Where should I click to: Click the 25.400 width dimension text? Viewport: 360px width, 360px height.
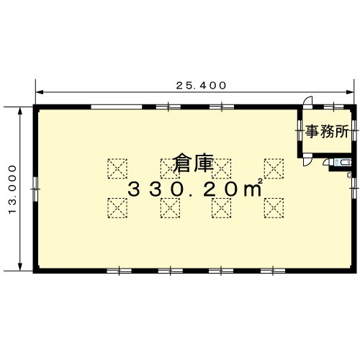201,86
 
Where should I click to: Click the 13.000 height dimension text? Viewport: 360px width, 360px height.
12,189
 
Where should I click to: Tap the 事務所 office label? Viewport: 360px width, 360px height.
327,132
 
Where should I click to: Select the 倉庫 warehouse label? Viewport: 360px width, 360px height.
194,163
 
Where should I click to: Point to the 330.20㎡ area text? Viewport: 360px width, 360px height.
194,189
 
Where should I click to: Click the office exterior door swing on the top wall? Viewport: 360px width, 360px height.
308,101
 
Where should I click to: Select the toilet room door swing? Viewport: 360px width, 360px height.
327,162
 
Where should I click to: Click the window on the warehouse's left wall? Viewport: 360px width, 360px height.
35,189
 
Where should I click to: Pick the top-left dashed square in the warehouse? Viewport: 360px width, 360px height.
117,168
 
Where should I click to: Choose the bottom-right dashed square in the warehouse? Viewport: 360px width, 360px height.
274,208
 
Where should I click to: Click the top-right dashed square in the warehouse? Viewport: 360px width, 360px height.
274,168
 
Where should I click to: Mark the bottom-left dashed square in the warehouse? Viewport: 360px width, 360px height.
117,208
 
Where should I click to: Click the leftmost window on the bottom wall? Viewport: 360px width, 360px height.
119,271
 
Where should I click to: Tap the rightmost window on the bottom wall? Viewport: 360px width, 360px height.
273,271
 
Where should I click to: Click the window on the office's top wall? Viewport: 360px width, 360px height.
334,107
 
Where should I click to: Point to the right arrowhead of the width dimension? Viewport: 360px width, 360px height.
350,92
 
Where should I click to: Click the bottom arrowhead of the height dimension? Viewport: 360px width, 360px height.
20,266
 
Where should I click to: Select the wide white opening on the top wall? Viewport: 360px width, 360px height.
117,107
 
